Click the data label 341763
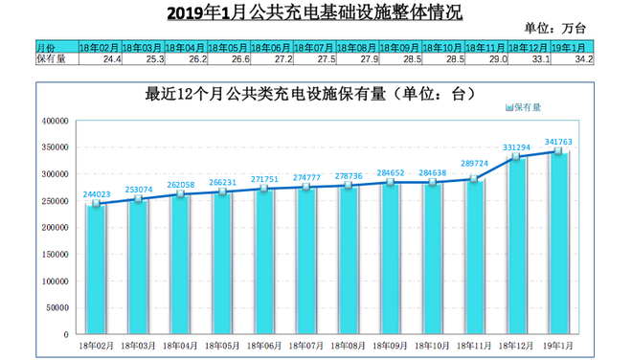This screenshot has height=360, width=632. [x=557, y=142]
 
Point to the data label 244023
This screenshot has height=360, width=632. [x=98, y=193]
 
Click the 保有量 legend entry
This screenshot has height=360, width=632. [x=523, y=106]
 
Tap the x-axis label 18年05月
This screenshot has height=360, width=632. [x=222, y=344]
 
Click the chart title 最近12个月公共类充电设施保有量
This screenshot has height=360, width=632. [x=308, y=95]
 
